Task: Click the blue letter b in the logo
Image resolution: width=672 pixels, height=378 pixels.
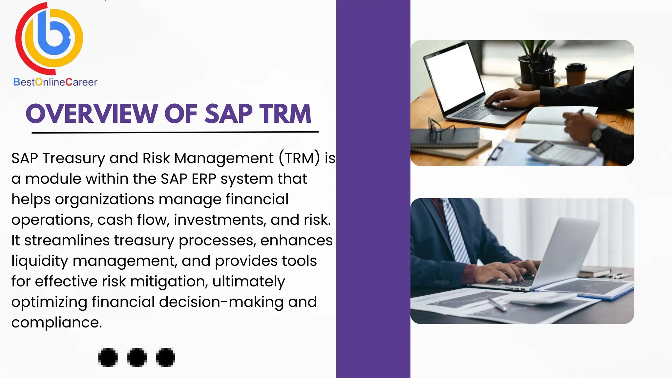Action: (x=52, y=36)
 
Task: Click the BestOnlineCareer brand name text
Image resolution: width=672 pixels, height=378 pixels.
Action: (x=55, y=82)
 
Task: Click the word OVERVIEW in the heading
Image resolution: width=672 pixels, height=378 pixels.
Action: (x=92, y=114)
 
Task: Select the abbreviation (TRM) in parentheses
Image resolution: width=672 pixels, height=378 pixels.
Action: (x=299, y=158)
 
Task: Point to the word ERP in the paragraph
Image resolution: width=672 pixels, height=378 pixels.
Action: (x=204, y=179)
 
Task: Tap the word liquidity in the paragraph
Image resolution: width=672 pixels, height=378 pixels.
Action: (x=40, y=261)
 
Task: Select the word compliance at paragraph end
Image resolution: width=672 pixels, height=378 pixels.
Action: (x=56, y=323)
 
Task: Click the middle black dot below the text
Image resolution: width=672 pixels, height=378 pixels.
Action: (x=137, y=357)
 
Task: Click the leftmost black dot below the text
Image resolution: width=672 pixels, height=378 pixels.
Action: (x=108, y=357)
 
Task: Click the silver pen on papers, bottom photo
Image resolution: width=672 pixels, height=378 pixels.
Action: (x=497, y=304)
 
